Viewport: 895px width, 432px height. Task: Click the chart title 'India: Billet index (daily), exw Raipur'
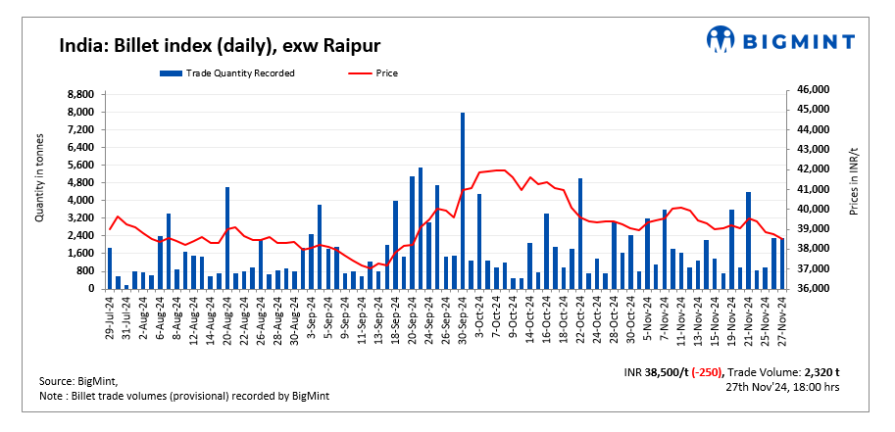coord(220,46)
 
